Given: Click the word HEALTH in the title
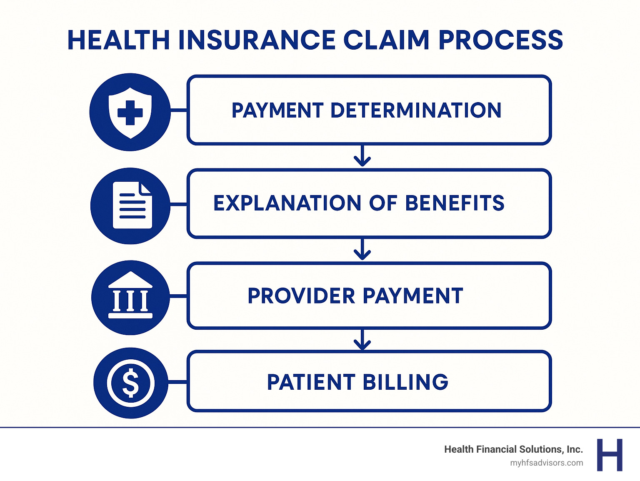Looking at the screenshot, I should pyautogui.click(x=118, y=40).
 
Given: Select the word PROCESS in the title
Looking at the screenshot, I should pyautogui.click(x=501, y=40).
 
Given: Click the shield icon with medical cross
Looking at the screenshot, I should pyautogui.click(x=130, y=112).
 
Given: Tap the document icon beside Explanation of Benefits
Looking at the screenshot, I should pyautogui.click(x=132, y=205).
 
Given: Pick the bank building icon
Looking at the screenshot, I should pyautogui.click(x=130, y=297).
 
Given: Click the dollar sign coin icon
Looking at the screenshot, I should pyautogui.click(x=130, y=383).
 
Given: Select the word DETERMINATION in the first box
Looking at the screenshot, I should pyautogui.click(x=416, y=110).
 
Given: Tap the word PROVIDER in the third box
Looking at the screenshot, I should pyautogui.click(x=301, y=296).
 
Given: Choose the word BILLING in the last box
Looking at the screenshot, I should pyautogui.click(x=405, y=382).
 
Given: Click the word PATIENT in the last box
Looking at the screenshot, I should pyautogui.click(x=311, y=382).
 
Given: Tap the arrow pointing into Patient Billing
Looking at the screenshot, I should pyautogui.click(x=362, y=340).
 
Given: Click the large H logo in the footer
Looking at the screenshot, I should pyautogui.click(x=610, y=455).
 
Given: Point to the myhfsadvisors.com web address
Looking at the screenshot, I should pyautogui.click(x=546, y=463).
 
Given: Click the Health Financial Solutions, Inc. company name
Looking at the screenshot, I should pyautogui.click(x=513, y=449).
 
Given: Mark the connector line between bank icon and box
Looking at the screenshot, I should pyautogui.click(x=178, y=296).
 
